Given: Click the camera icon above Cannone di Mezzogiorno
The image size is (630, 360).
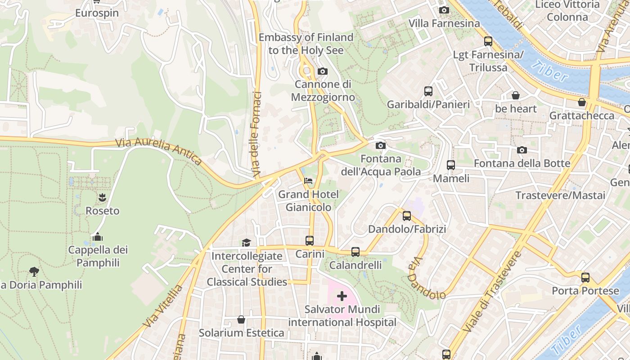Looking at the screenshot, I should [322, 71].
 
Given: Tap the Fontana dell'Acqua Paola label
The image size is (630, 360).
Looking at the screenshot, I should [381, 165].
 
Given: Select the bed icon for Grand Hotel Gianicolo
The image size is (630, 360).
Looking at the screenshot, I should [308, 181].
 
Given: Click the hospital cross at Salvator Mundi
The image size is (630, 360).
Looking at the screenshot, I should [342, 296].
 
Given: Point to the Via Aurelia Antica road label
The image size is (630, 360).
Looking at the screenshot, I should [159, 150].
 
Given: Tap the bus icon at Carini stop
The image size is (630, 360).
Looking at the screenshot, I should [310, 241].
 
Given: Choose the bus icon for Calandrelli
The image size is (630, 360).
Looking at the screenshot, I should [355, 252].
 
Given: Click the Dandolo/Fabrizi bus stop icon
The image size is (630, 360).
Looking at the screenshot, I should [407, 216].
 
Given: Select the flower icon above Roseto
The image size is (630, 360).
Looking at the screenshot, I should [103, 197].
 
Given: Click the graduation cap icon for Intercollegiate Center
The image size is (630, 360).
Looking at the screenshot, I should [246, 243].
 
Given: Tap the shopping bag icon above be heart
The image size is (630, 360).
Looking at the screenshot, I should [516, 95].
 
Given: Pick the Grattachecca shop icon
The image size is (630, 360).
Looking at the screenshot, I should [582, 102].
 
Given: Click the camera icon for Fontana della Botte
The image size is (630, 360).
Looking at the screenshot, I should [522, 150].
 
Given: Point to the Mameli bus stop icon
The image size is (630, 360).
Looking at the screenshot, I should [451, 165].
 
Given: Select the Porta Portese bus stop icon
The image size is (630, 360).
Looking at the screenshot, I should [585, 278].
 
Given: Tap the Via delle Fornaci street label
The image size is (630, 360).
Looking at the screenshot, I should [257, 134].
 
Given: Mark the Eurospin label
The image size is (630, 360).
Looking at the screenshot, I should [97, 13].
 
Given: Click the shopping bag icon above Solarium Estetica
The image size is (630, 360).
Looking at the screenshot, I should [241, 319].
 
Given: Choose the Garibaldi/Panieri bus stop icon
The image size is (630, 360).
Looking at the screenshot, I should [428, 91].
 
